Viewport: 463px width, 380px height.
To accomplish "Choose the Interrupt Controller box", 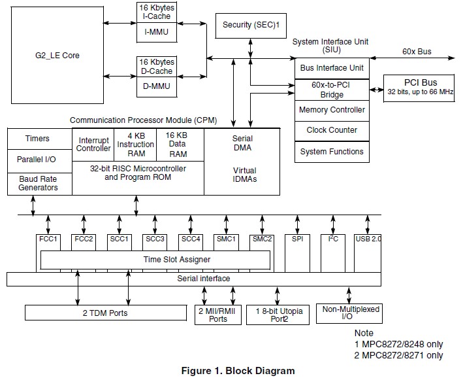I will click(94, 145).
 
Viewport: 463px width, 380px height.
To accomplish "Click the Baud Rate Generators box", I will click(37, 183).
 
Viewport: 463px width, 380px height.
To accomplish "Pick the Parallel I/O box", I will click(37, 160).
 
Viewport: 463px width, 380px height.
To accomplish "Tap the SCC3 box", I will click(155, 240).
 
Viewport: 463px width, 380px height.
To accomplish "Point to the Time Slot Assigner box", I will click(155, 260).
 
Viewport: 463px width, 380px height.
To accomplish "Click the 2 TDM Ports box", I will click(104, 313).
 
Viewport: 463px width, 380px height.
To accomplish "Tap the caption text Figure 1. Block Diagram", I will click(237, 371).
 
